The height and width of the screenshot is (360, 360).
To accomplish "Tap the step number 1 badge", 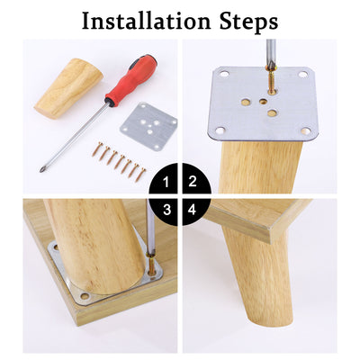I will pyautogui.click(x=164, y=180).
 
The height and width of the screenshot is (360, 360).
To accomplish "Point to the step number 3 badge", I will pyautogui.click(x=164, y=209).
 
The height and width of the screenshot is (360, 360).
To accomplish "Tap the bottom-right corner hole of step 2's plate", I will pyautogui.click(x=307, y=131).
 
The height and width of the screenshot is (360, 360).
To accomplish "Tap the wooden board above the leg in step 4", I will pyautogui.click(x=261, y=216).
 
